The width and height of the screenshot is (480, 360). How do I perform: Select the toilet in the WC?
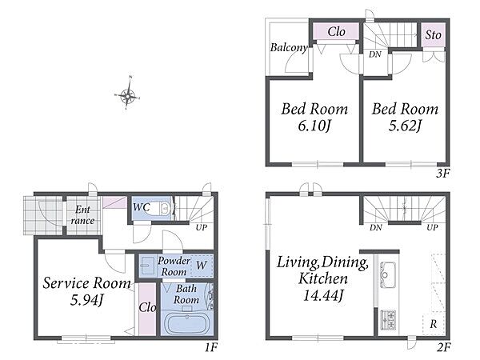(161, 208)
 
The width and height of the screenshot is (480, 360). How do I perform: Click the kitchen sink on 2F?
(387, 275)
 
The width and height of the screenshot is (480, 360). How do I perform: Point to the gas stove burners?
(388, 320)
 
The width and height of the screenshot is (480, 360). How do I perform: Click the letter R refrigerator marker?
(433, 324)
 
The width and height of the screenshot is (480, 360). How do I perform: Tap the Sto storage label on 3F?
(433, 35)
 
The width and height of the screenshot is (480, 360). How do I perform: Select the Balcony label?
(289, 47)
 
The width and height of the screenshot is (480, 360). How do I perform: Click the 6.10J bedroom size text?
(315, 126)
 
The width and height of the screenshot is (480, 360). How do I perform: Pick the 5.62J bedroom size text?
(405, 126)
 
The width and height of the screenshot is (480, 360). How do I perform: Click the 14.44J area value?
(323, 295)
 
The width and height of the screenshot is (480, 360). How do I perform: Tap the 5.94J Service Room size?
(86, 299)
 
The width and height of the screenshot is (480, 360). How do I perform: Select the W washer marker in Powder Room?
(201, 265)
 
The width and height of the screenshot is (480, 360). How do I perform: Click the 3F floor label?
(442, 174)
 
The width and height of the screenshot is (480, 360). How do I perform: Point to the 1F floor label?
(211, 347)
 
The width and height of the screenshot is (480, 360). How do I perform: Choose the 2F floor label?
(443, 347)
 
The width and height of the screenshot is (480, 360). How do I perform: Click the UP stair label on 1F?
(201, 227)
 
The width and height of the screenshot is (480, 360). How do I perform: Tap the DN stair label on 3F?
(374, 54)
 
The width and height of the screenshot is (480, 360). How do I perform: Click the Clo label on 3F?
(336, 31)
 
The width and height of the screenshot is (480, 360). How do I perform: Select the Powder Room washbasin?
(148, 266)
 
